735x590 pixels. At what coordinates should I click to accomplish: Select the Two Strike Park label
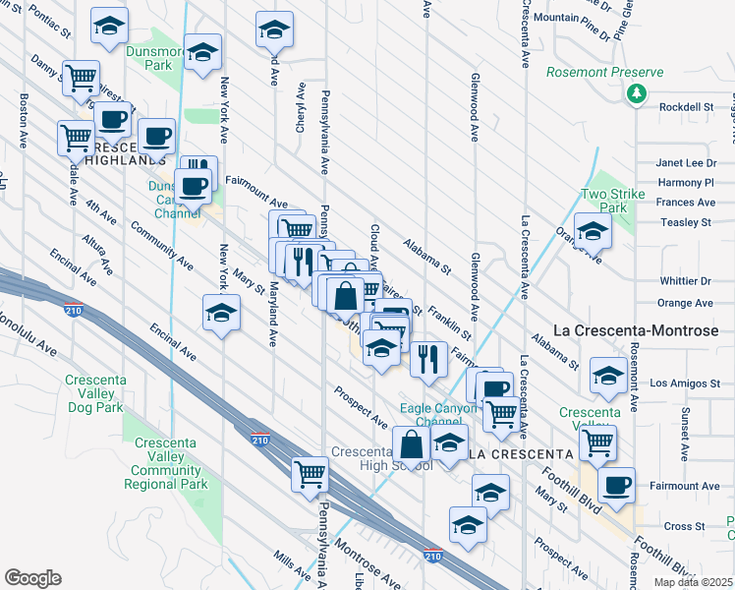click(x=613, y=201)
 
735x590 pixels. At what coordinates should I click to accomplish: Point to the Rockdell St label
click(x=686, y=107)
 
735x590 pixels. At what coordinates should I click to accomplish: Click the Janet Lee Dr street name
click(x=687, y=163)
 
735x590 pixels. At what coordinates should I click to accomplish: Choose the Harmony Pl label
click(x=686, y=183)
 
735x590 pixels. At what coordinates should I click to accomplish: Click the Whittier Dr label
click(x=686, y=282)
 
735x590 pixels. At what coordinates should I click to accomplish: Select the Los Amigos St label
click(x=685, y=383)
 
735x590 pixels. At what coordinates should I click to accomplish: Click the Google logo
click(x=32, y=578)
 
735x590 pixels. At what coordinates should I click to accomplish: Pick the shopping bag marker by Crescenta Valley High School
click(x=412, y=444)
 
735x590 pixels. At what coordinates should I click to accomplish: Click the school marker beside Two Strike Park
click(x=593, y=232)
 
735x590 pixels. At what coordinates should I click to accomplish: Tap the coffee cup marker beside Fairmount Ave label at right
click(x=616, y=486)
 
